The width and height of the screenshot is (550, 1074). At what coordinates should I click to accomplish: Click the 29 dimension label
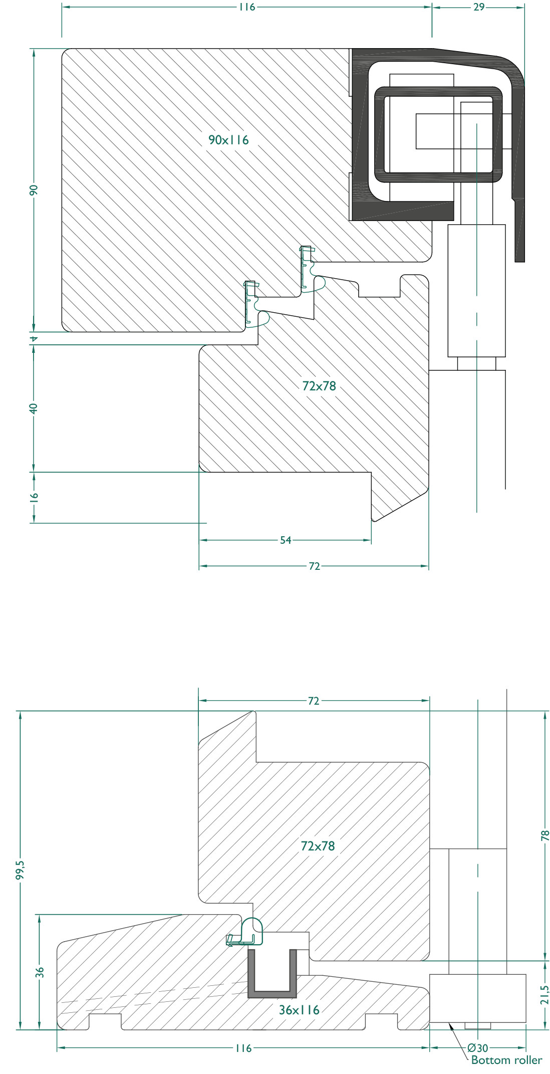[479, 7]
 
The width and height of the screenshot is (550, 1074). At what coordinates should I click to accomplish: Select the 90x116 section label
[228, 140]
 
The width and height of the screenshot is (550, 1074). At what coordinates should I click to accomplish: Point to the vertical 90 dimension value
[33, 190]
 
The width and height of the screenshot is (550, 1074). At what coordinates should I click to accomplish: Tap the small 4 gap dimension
[34, 339]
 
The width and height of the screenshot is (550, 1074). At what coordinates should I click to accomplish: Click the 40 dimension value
[33, 408]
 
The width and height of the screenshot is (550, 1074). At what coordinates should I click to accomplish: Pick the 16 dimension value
[33, 497]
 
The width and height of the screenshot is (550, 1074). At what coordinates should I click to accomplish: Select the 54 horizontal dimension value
[286, 540]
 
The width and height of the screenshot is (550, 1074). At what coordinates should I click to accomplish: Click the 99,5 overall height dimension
[20, 870]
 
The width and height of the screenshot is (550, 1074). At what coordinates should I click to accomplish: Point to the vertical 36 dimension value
[40, 972]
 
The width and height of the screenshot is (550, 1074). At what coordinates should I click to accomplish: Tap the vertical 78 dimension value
[545, 835]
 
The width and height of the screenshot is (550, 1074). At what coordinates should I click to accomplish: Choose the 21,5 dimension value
[545, 995]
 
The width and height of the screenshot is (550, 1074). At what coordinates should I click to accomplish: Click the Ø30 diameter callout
[478, 1048]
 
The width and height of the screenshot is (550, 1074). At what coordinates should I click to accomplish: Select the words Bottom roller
[506, 1060]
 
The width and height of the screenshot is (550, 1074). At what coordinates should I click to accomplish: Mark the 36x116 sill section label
[299, 1010]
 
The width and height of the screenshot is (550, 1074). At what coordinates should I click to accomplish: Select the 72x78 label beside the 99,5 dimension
[318, 846]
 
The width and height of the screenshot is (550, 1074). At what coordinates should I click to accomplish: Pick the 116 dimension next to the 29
[246, 7]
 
